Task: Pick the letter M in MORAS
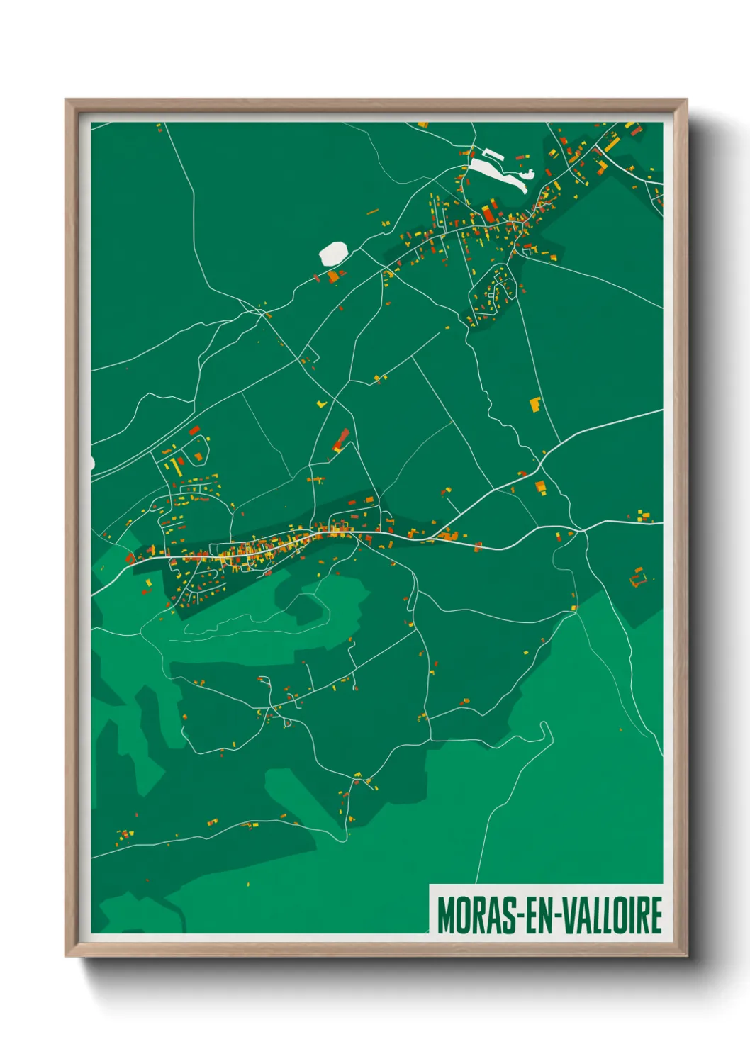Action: (x=444, y=915)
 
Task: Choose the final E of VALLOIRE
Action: (x=656, y=915)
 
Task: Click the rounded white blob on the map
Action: (x=333, y=253)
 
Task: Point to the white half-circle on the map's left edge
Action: (x=92, y=463)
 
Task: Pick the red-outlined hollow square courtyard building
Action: (x=638, y=578)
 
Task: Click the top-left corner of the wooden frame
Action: (x=66, y=100)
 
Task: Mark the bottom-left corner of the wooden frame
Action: (x=66, y=955)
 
